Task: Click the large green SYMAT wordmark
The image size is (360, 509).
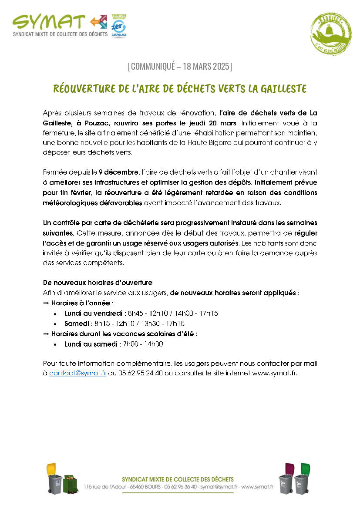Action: (x=49, y=22)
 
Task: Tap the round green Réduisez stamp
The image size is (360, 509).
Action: (x=330, y=34)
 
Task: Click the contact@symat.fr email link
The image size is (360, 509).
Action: (x=77, y=373)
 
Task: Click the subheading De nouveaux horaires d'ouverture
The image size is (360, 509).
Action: (x=98, y=283)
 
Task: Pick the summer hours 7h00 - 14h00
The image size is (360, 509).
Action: (x=143, y=344)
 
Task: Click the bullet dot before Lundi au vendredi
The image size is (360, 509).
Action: (x=55, y=313)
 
